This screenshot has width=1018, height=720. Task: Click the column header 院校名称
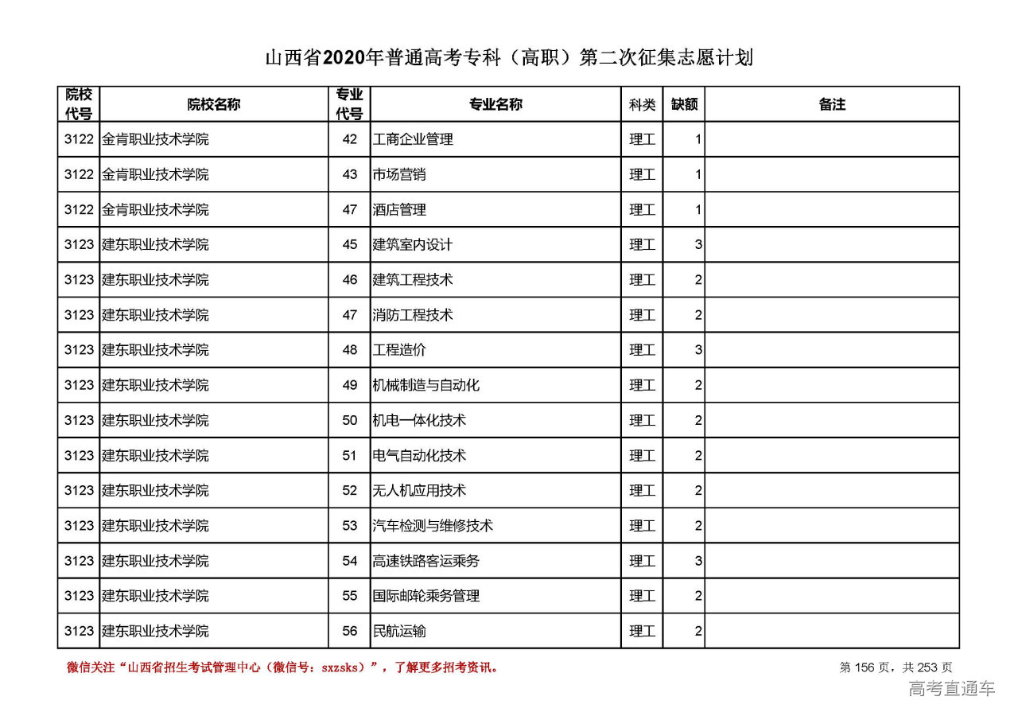pos(214,104)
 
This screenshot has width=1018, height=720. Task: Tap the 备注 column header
pos(832,104)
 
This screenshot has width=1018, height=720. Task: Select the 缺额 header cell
pos(684,104)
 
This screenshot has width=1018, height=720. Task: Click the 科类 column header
pos(642,104)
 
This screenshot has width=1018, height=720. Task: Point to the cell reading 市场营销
pos(399,174)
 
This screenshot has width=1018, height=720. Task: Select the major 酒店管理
pos(399,210)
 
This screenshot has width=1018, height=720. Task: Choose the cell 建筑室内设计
pos(413,245)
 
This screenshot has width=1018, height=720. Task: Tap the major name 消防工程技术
pos(413,315)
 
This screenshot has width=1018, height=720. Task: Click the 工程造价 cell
pos(399,350)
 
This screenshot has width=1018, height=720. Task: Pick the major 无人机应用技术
pos(419,491)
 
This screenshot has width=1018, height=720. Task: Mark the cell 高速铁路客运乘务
pos(426,561)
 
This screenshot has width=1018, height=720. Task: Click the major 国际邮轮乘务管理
pos(426,596)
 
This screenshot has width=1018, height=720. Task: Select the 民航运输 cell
pos(399,631)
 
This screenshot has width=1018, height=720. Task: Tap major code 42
pos(350,139)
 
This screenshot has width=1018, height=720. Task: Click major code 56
pos(350,631)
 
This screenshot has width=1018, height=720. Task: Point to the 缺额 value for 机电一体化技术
pos(698,420)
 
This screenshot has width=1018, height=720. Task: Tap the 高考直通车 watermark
pos(951,689)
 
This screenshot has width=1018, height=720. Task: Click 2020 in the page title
pos(344,58)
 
